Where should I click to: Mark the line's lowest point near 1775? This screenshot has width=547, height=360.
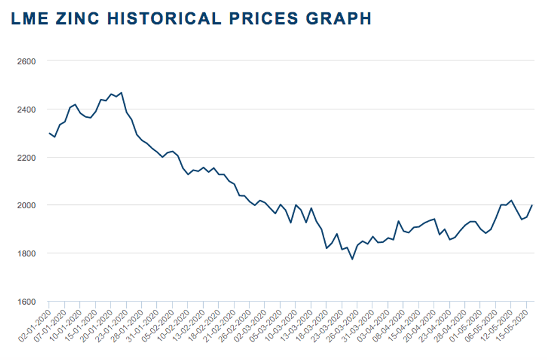pyautogui.click(x=352, y=259)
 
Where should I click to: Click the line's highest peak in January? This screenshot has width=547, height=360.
pyautogui.click(x=121, y=93)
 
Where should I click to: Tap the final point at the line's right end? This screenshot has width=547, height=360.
pyautogui.click(x=532, y=205)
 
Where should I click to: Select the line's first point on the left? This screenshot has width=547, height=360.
pyautogui.click(x=49, y=133)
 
